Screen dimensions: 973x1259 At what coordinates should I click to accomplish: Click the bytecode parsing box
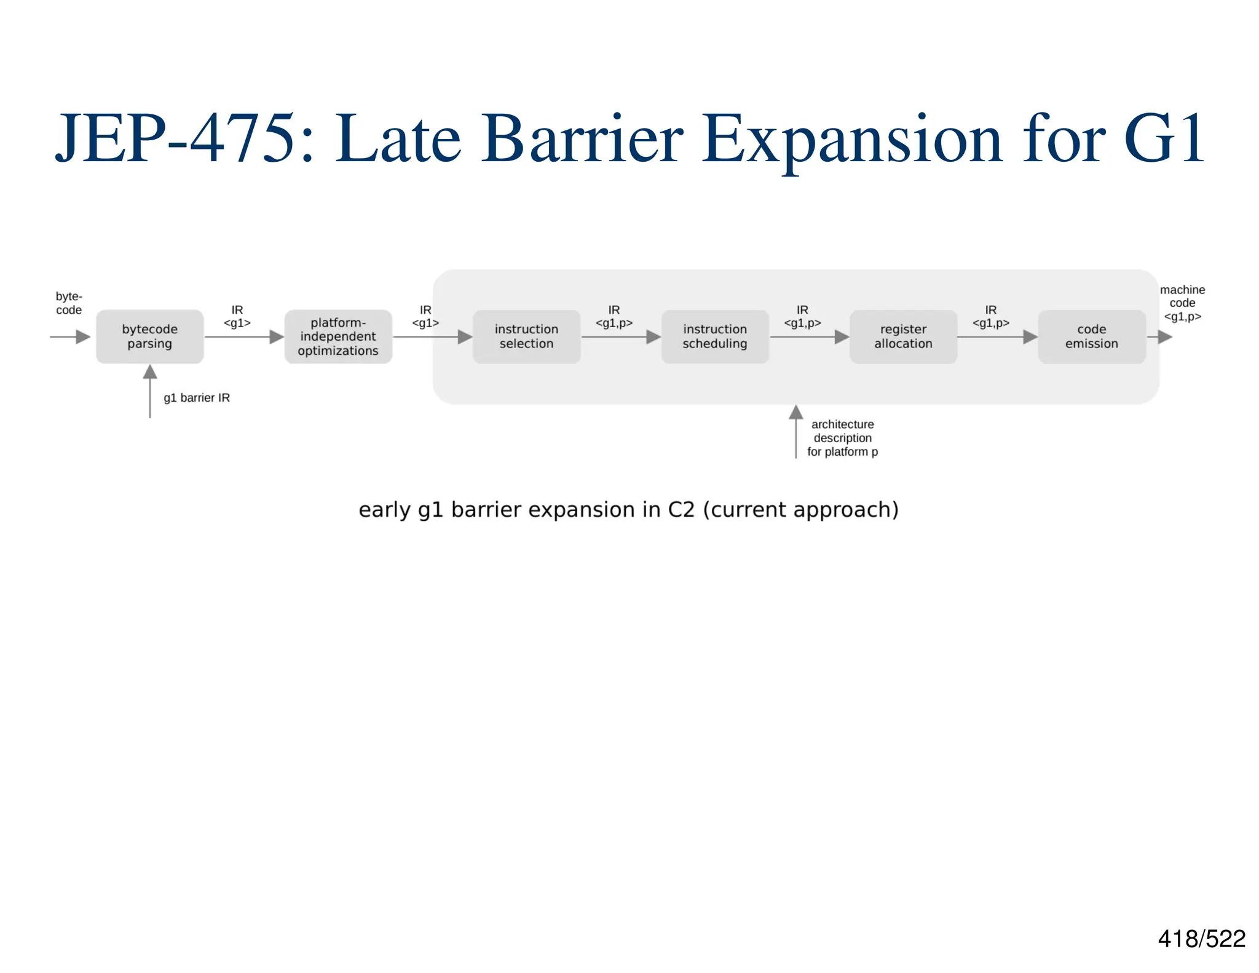pos(149,336)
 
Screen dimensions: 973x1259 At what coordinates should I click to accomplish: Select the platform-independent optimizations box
pos(338,336)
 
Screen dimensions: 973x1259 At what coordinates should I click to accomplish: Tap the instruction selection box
pos(526,336)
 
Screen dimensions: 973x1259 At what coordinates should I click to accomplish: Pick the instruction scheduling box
pos(714,336)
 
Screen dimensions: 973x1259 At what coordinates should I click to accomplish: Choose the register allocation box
pos(903,336)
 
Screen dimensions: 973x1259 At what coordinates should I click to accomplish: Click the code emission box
pos(1091,336)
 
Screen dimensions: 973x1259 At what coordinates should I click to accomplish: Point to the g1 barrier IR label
pos(197,398)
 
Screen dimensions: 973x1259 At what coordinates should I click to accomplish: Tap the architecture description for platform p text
pos(842,438)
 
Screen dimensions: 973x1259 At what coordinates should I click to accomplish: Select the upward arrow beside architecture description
pos(796,431)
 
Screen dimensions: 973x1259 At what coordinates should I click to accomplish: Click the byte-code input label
pos(69,303)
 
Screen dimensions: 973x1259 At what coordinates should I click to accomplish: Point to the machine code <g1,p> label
pos(1182,303)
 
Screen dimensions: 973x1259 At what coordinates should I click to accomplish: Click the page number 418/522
pos(1201,939)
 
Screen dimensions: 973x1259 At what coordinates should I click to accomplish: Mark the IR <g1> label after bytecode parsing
pos(237,317)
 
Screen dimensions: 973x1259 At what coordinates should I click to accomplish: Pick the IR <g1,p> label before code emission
pos(990,317)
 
